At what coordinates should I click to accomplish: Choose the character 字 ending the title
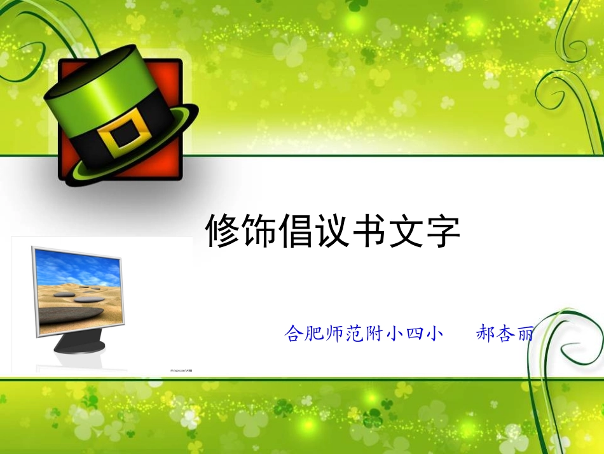pos(443,231)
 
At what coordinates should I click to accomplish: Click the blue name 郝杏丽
pos(505,334)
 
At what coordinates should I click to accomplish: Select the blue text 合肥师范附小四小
pos(363,334)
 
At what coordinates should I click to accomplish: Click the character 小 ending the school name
pos(434,334)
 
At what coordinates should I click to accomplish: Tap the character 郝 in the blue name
pos(486,334)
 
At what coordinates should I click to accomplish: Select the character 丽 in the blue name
pos(525,334)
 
